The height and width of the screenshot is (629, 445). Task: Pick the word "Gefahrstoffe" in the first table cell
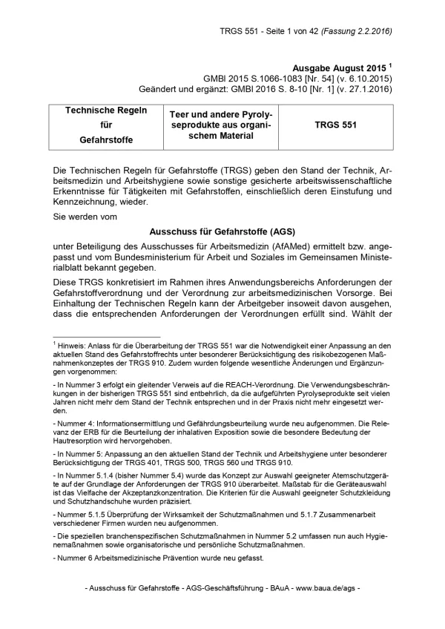click(99, 139)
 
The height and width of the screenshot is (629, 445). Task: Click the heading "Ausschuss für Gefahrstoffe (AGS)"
click(222, 231)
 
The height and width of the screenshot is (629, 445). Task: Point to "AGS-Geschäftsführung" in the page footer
click(219, 588)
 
